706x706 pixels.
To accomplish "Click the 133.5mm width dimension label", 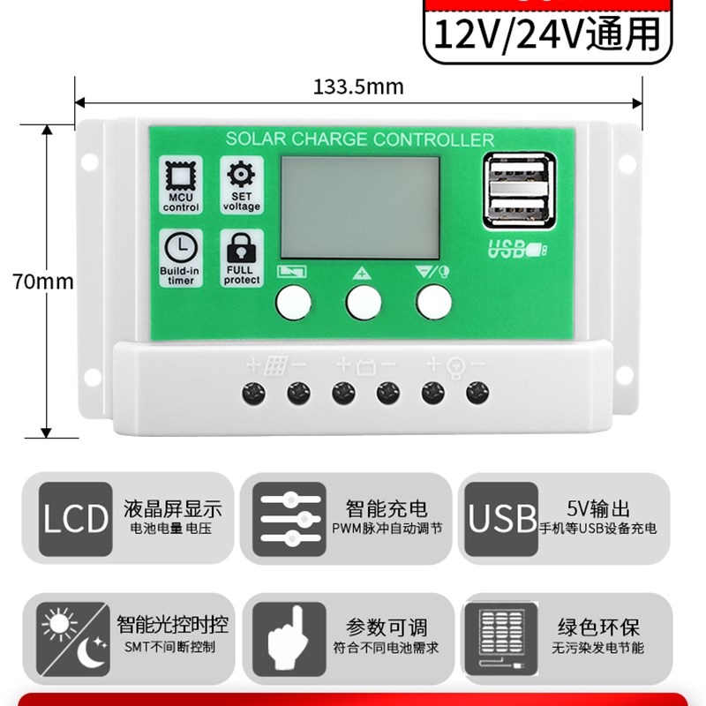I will coord(357,86).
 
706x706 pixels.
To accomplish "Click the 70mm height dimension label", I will coord(43,282).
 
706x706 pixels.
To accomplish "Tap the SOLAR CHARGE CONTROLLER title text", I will coord(359,139).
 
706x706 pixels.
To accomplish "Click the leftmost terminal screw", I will coord(254,391).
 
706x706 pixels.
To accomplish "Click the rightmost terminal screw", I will coord(477,391).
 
